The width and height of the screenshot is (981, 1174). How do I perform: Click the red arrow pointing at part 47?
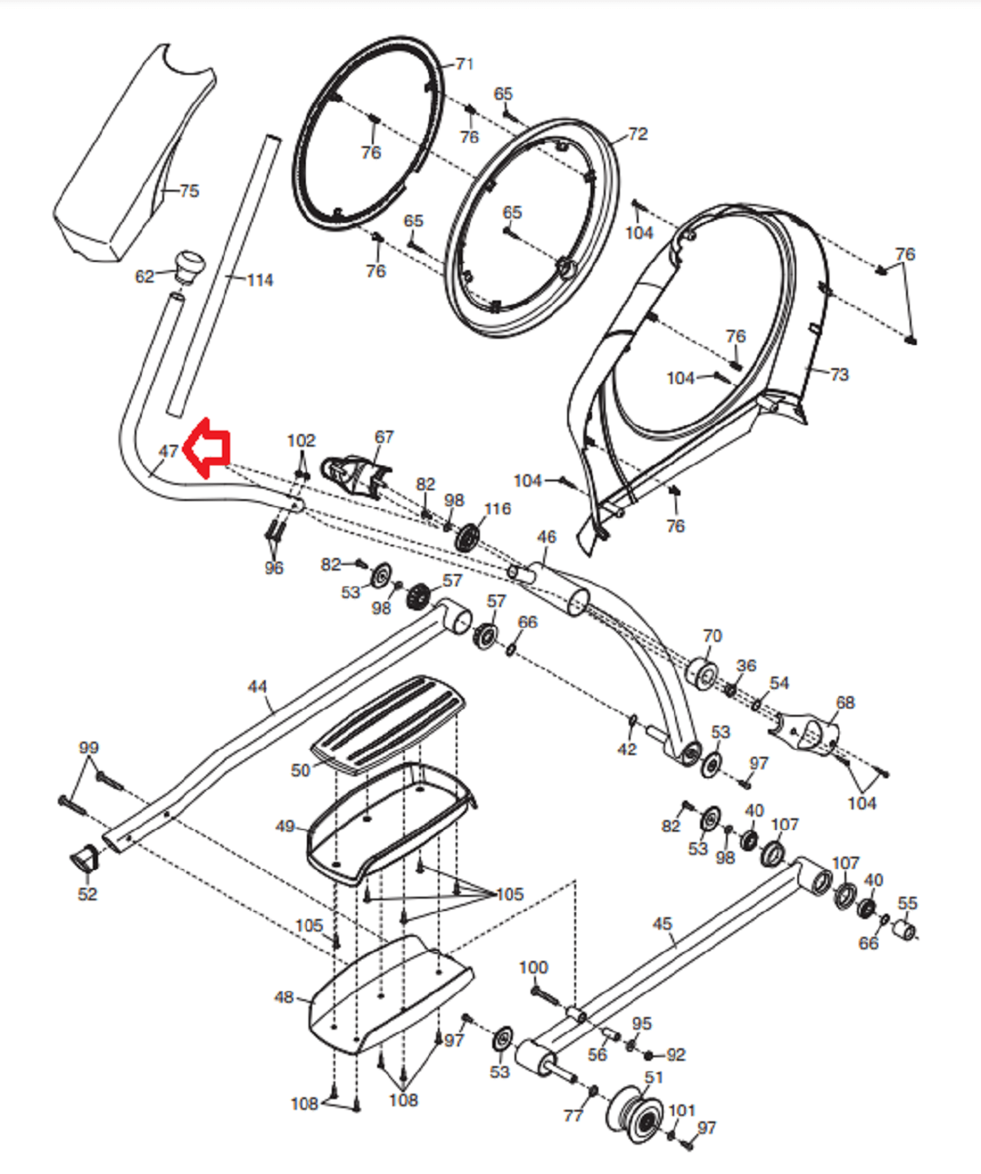coord(206,447)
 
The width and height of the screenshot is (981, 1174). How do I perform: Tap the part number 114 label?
coord(260,280)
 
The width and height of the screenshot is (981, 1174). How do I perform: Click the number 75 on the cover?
coord(189,191)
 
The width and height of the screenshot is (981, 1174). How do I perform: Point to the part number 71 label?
coord(464,64)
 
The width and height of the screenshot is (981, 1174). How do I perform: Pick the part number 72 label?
coord(638,134)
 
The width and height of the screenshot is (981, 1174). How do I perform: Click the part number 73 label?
coord(838,374)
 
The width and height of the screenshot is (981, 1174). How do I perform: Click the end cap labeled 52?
coord(85,859)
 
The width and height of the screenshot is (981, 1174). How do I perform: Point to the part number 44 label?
coord(257,686)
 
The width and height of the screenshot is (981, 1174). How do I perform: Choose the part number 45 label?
coord(662,924)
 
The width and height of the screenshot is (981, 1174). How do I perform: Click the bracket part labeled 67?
coord(356,477)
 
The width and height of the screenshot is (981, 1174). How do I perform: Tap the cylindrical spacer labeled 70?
coord(703,672)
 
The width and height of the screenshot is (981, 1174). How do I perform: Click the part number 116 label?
coord(498,509)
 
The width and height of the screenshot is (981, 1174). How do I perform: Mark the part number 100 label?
coord(532,967)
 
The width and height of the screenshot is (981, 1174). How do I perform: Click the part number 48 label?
coord(284,997)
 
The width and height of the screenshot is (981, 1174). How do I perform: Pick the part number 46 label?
coord(546,537)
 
